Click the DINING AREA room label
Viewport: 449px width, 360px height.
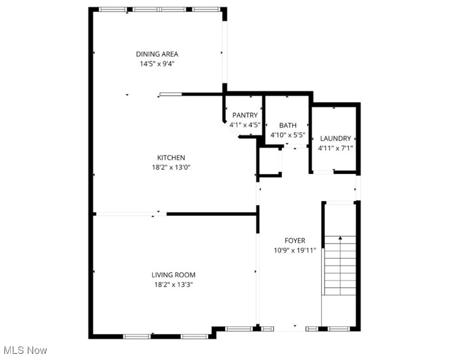click(x=157, y=54)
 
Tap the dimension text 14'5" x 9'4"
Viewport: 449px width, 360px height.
click(x=157, y=64)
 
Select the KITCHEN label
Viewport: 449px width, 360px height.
click(x=171, y=158)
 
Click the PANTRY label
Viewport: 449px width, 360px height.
click(x=245, y=115)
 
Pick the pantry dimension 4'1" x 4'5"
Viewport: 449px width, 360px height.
click(x=245, y=125)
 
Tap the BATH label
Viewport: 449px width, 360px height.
click(x=288, y=125)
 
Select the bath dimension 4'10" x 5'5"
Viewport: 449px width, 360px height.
click(x=288, y=135)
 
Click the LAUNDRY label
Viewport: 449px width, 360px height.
click(x=335, y=138)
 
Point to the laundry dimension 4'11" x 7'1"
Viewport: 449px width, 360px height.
click(x=335, y=148)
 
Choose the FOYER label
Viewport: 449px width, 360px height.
click(x=295, y=240)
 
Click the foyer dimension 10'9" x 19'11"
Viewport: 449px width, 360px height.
click(x=295, y=250)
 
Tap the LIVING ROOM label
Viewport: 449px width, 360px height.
click(x=173, y=275)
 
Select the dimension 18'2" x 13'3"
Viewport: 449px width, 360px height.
click(x=173, y=285)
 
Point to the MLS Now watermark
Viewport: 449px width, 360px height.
click(x=25, y=350)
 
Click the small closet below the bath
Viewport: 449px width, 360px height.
click(x=270, y=161)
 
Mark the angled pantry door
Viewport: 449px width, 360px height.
click(x=231, y=128)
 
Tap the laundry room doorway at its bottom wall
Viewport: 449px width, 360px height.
click(x=323, y=172)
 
